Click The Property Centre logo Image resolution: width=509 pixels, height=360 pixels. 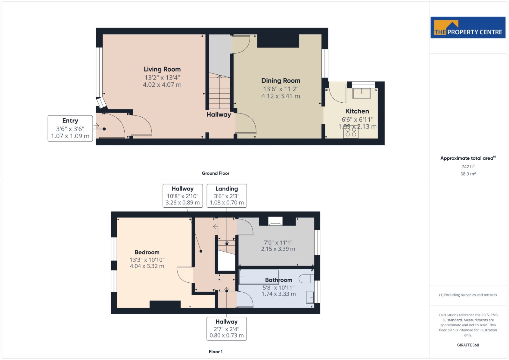click(x=468, y=27)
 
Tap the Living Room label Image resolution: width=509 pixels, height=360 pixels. click(x=162, y=69)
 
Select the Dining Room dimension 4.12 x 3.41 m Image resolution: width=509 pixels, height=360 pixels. click(x=281, y=96)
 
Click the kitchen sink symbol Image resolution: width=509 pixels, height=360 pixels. click(x=361, y=93)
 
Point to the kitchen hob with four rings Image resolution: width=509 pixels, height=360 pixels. click(x=351, y=132)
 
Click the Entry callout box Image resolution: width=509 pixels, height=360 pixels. click(x=70, y=128)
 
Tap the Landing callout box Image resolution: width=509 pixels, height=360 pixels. click(x=227, y=196)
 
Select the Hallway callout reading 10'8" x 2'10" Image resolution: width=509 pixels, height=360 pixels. click(x=183, y=196)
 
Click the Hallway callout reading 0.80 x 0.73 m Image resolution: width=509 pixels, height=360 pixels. click(x=227, y=329)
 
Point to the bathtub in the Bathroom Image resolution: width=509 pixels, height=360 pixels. click(x=259, y=277)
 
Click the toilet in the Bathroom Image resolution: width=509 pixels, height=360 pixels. click(x=306, y=279)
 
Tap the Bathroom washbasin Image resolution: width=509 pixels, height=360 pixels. click(x=310, y=297)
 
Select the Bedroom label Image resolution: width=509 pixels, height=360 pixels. click(x=147, y=252)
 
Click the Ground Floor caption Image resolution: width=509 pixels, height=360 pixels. click(x=216, y=173)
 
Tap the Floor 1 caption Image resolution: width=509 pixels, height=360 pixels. click(x=216, y=352)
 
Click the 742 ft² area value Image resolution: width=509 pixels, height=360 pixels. click(x=468, y=167)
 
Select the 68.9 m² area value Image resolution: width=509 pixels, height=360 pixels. click(x=468, y=174)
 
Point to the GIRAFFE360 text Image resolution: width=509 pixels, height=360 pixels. click(x=468, y=345)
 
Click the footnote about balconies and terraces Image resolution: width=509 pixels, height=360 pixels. click(x=468, y=295)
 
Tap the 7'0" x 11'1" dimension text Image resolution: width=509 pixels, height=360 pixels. click(x=278, y=243)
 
